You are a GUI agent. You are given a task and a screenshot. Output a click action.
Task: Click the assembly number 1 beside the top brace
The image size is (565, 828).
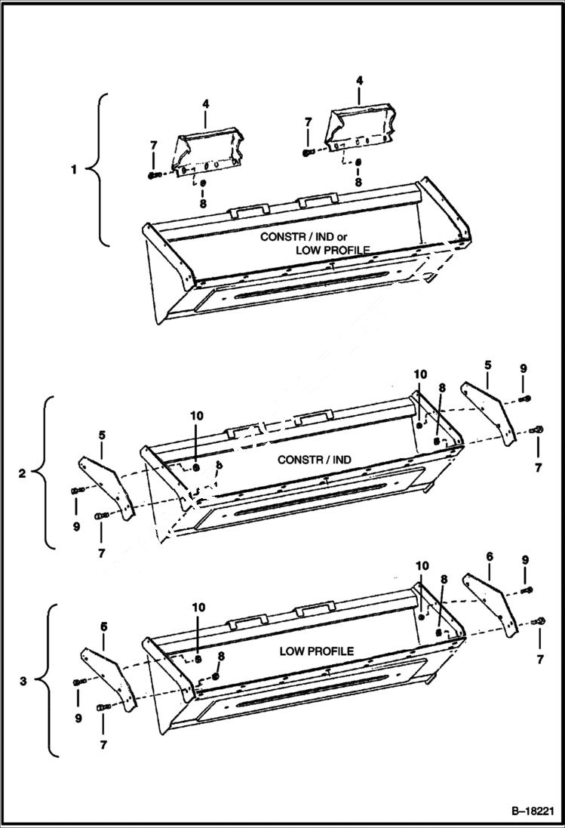[74, 170]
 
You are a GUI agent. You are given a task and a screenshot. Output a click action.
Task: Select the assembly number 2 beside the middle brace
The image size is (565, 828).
[23, 473]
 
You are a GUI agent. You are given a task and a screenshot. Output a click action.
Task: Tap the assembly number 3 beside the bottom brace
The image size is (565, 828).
[23, 681]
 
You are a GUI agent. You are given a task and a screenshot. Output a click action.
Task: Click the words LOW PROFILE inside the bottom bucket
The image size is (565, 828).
[316, 651]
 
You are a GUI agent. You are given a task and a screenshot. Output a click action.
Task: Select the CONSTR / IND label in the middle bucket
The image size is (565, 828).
[315, 459]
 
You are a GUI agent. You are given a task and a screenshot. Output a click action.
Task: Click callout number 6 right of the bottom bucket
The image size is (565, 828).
[489, 556]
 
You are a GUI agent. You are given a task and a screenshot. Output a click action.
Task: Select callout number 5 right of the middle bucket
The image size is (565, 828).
[487, 365]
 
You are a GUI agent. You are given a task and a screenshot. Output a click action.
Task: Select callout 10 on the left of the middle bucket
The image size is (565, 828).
[196, 415]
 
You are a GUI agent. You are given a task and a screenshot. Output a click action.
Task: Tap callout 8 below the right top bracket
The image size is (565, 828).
[358, 182]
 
